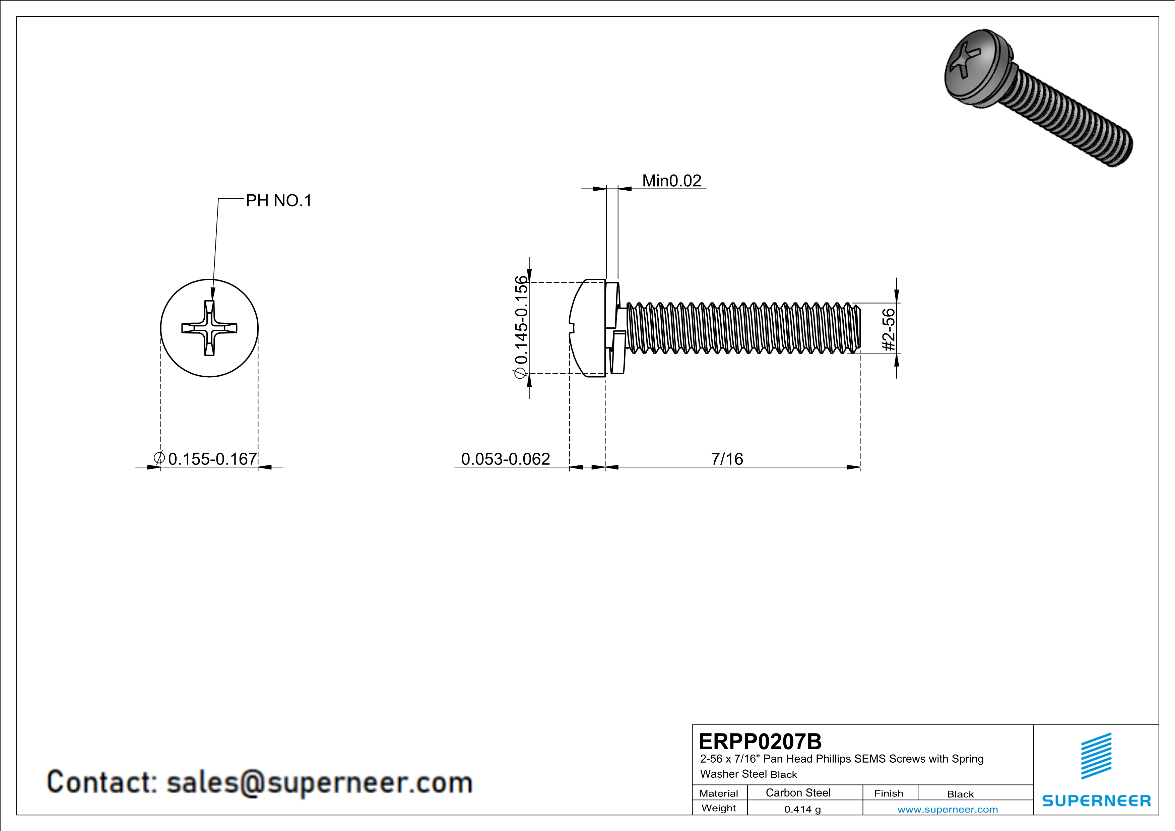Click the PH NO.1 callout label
pos(278,201)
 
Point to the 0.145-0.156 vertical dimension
pos(520,327)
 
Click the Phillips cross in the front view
pos(209,328)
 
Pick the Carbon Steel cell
pos(798,792)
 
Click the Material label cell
pos(719,793)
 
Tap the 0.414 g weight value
pos(802,809)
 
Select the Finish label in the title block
pos(889,793)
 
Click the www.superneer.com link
pos(947,809)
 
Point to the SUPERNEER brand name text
pos(1096,800)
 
